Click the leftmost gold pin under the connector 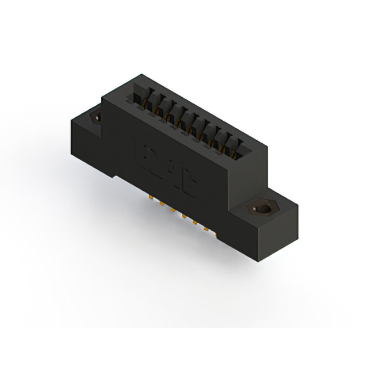pyautogui.click(x=151, y=197)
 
